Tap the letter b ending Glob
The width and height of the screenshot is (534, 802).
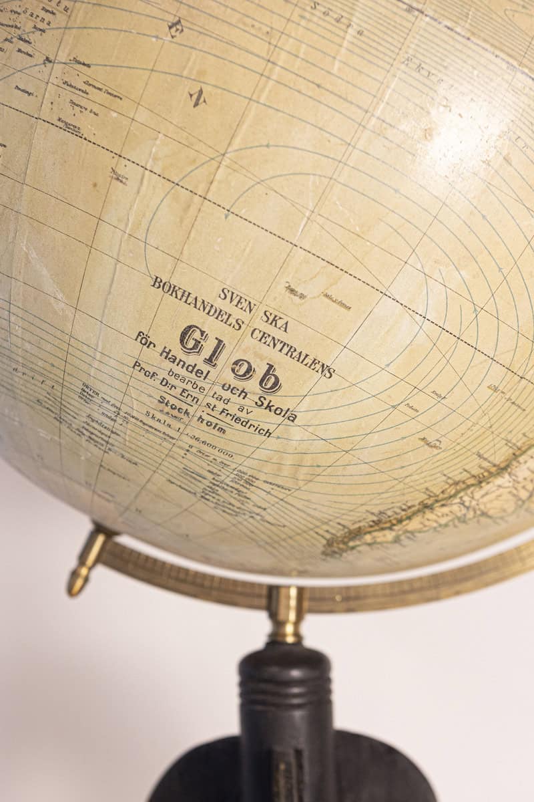pyautogui.click(x=269, y=378)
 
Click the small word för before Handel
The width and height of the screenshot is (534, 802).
pyautogui.click(x=146, y=340)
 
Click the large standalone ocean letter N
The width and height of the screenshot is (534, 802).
pyautogui.click(x=197, y=98)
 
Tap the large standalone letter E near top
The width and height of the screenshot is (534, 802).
pyautogui.click(x=176, y=27)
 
